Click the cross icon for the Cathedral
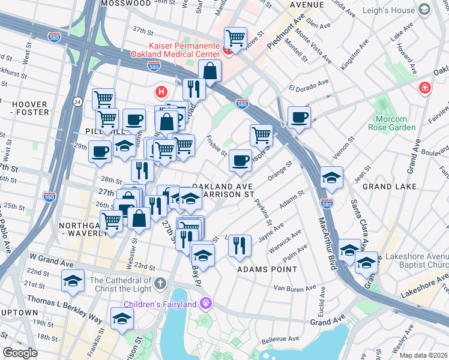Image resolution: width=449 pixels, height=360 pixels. pyautogui.click(x=159, y=283)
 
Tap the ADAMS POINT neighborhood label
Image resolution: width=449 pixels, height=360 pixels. pyautogui.click(x=267, y=269)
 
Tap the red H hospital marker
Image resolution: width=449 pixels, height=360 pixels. pyautogui.click(x=160, y=92)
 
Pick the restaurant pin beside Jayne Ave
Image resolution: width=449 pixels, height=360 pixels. pyautogui.click(x=240, y=245)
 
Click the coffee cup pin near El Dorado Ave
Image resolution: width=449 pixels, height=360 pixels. pyautogui.click(x=298, y=117)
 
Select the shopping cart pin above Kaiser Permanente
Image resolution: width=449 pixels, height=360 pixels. pyautogui.click(x=236, y=38)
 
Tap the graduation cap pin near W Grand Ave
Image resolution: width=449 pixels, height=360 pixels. pyautogui.click(x=73, y=280)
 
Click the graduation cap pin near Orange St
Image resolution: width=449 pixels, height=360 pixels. pyautogui.click(x=331, y=177)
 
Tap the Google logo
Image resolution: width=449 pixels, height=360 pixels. pyautogui.click(x=20, y=353)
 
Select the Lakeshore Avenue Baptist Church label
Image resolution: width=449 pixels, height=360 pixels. pyautogui.click(x=417, y=260)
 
